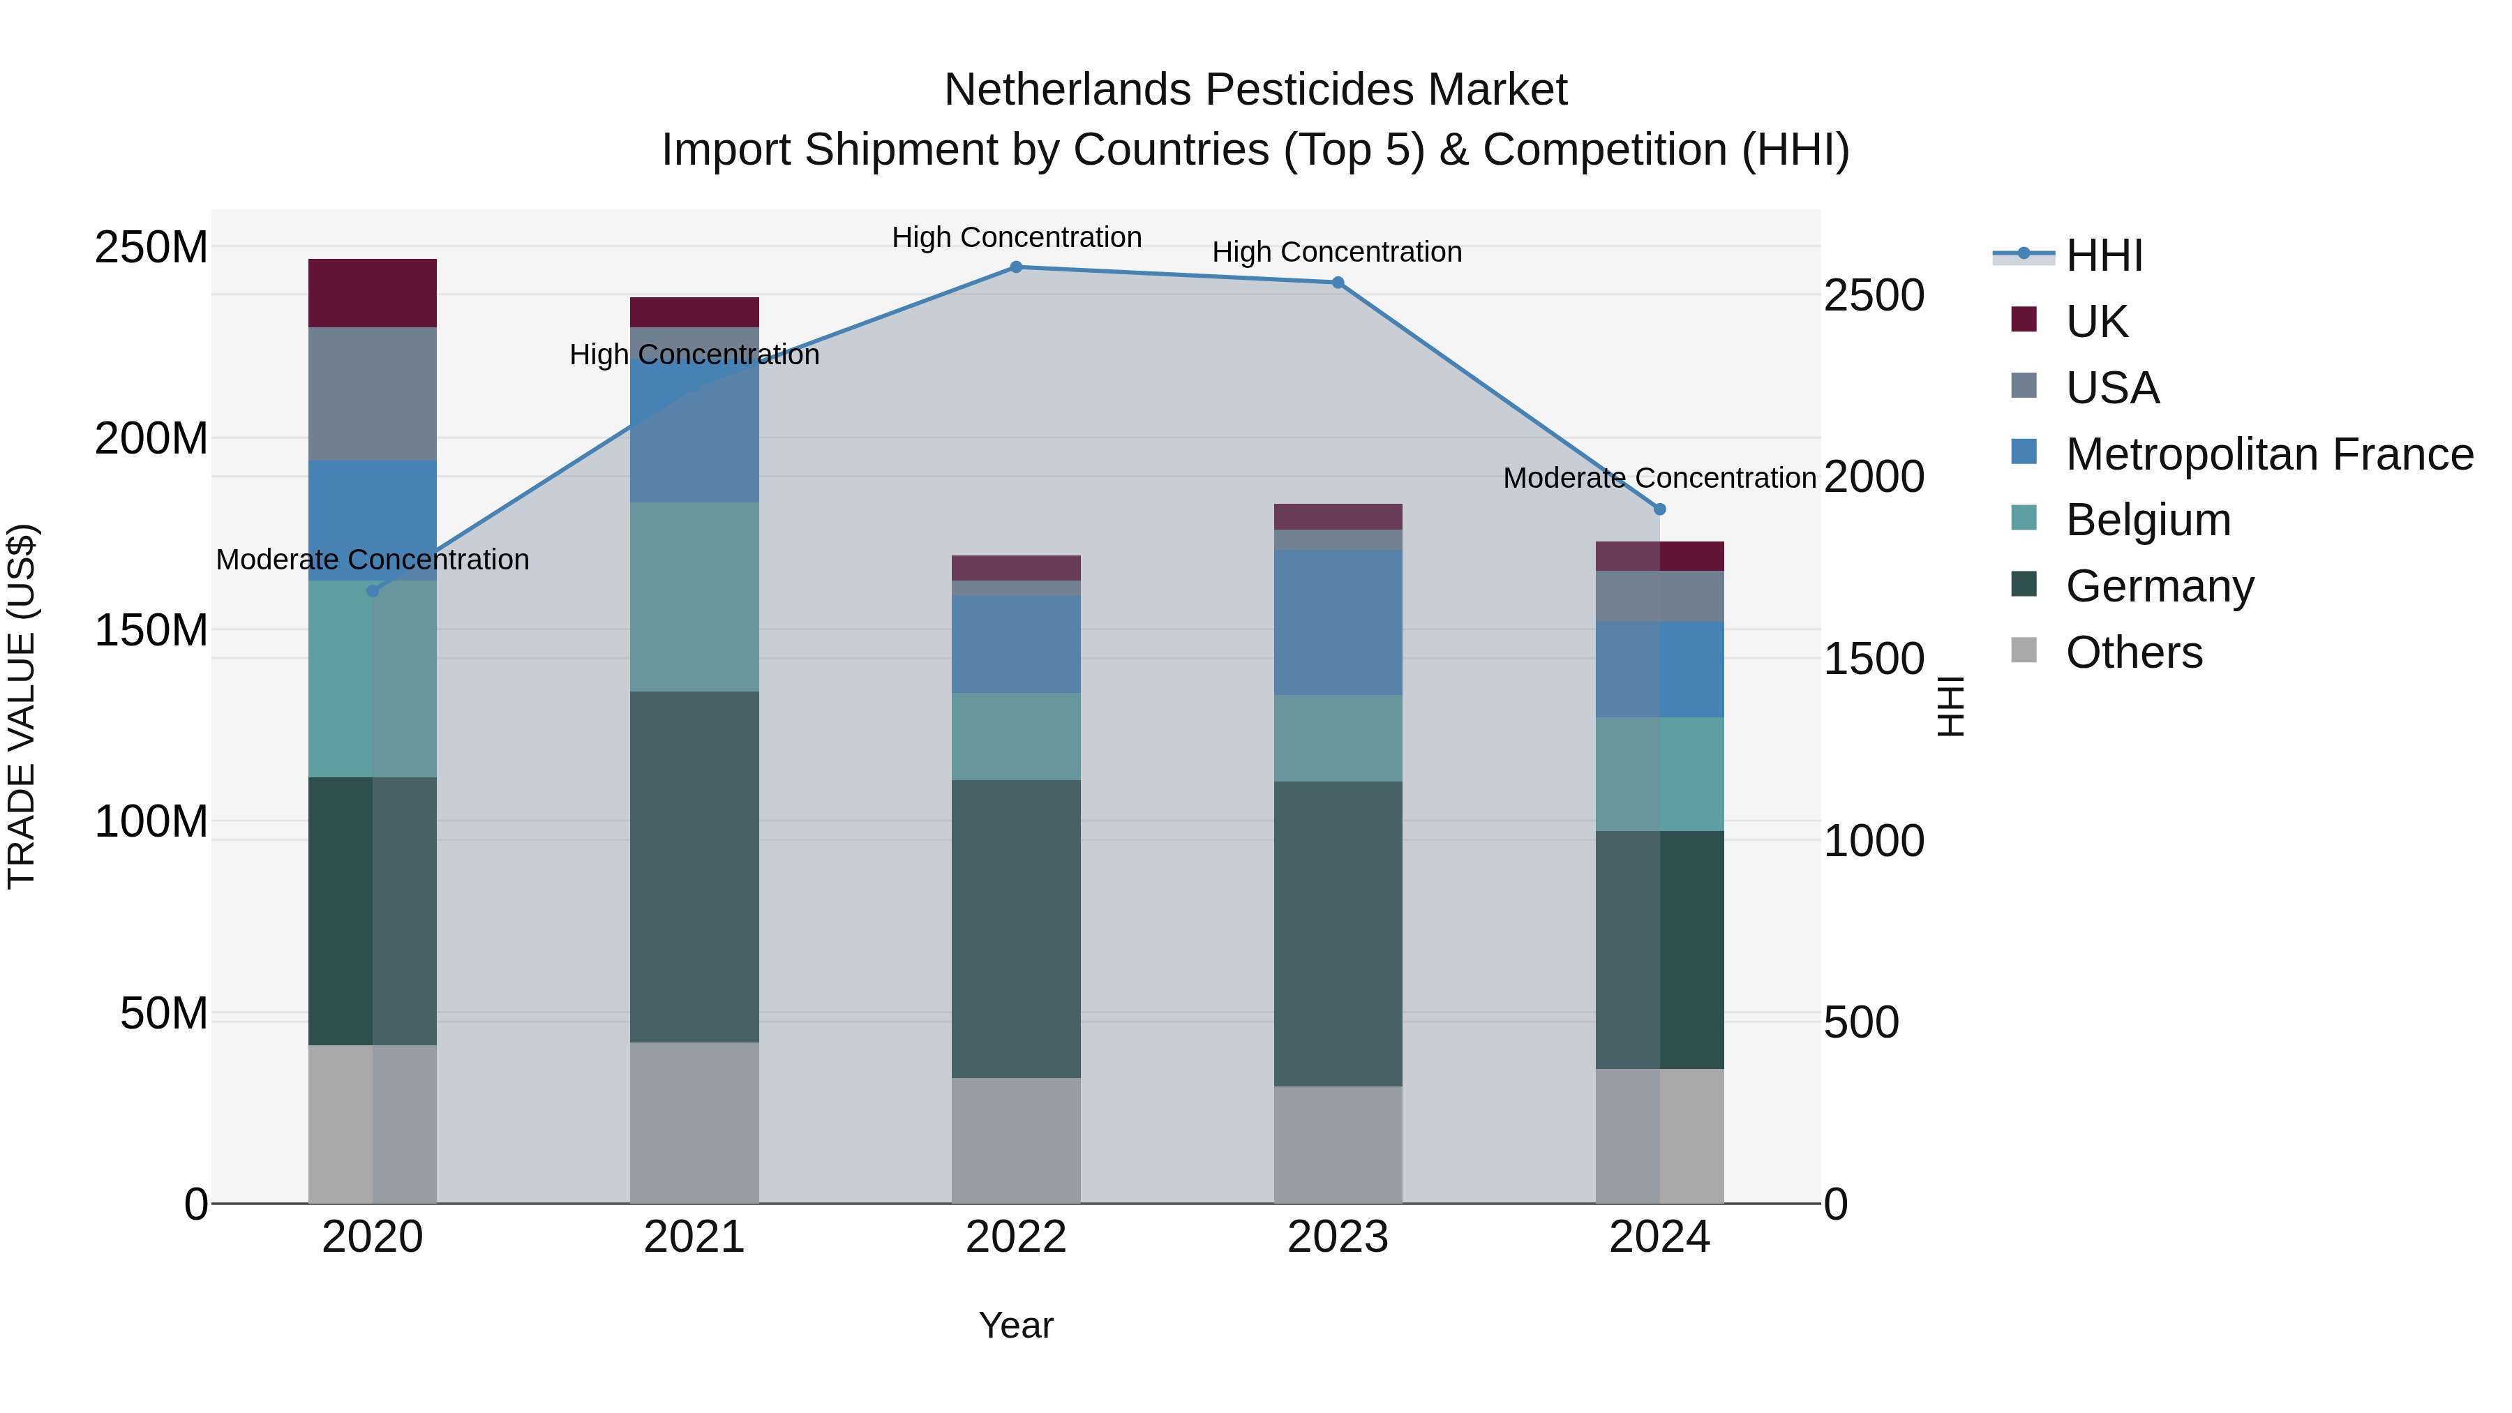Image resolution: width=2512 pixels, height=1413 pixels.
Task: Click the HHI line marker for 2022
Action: (1016, 267)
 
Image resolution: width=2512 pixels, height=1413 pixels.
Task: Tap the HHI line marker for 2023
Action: (1338, 283)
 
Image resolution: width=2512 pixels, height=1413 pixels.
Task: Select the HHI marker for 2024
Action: (1660, 509)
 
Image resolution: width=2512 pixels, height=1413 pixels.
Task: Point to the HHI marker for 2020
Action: (373, 591)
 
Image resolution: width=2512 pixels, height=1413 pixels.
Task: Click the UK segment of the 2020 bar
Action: (373, 292)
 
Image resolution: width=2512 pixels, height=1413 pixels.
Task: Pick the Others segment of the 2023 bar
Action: (1338, 1145)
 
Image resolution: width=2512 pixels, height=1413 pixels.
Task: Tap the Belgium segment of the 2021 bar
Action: (694, 597)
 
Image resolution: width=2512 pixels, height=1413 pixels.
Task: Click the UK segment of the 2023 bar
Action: (1338, 517)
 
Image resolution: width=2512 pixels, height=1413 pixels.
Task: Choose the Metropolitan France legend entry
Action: (2269, 454)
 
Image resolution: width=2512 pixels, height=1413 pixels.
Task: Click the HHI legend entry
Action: (2104, 255)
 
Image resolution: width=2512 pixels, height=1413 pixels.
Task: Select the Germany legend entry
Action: (2160, 586)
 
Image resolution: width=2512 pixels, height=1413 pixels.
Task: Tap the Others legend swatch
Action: (2024, 650)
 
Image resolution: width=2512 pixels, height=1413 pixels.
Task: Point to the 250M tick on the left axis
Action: (151, 248)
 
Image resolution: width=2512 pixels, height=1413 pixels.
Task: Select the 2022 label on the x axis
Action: (1016, 1237)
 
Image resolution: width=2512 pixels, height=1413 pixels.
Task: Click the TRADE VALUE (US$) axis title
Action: (22, 706)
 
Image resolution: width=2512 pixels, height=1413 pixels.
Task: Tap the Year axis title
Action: (1016, 1325)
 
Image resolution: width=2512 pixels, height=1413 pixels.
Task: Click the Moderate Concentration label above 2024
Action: (1660, 478)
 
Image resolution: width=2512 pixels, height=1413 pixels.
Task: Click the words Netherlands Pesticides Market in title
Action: (1255, 90)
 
